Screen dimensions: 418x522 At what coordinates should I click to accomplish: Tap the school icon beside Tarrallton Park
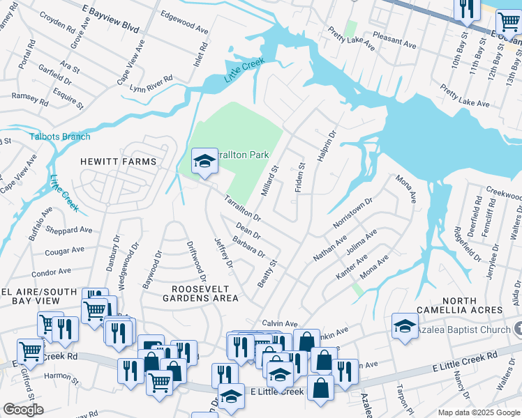[x=204, y=161]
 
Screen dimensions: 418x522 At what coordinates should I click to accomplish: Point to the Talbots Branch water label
[x=60, y=137]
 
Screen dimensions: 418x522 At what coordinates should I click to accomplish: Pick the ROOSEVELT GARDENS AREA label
[x=206, y=293]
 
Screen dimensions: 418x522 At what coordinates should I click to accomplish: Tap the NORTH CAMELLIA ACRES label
[x=459, y=304]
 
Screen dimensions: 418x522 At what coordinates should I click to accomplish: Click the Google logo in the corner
[x=23, y=410]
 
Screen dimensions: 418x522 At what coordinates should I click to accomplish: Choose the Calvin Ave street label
[x=280, y=323]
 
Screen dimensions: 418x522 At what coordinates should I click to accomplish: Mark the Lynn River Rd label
[x=150, y=84]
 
